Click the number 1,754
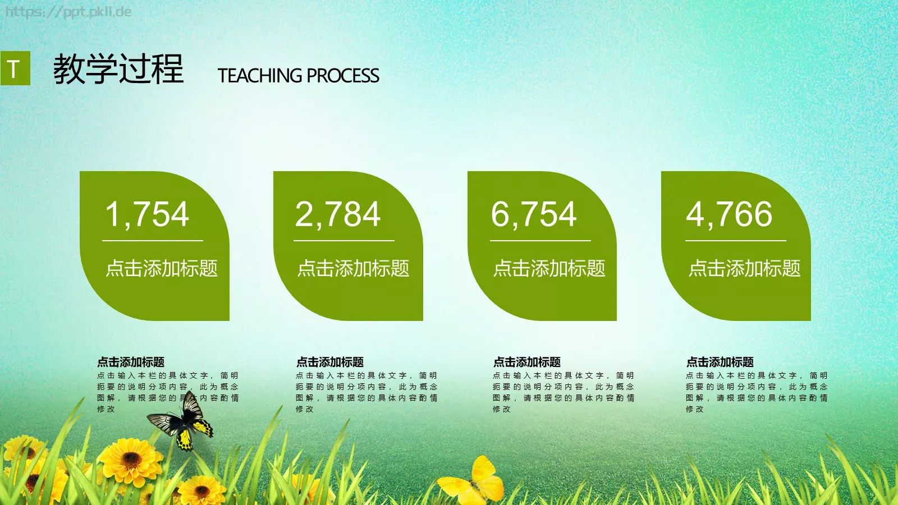point(147,214)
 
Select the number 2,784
point(338,214)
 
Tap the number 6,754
point(534,214)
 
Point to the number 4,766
point(729,214)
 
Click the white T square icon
point(15,68)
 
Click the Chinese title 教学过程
point(118,70)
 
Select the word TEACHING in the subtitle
point(260,76)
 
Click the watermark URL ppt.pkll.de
point(68,11)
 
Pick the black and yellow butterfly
point(182,423)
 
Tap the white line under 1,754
point(152,241)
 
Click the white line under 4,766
point(735,241)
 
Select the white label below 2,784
point(353,268)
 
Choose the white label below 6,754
point(549,268)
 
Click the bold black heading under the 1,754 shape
point(131,362)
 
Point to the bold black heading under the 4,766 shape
point(720,362)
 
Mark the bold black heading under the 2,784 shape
point(330,362)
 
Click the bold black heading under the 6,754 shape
point(526,362)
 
